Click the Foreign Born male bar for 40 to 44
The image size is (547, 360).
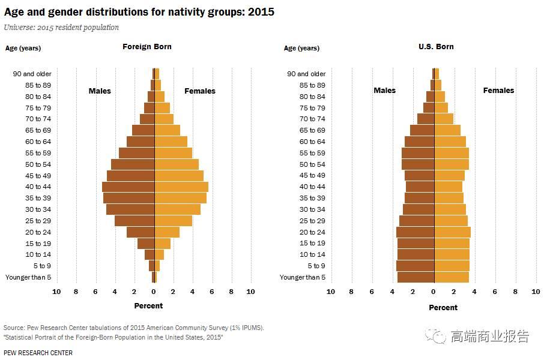(x=128, y=187)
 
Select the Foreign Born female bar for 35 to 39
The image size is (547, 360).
(x=181, y=198)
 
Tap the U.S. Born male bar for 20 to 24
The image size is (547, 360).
(x=415, y=232)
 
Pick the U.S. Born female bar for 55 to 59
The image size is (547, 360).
(x=452, y=153)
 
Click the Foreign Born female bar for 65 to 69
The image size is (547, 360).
(x=168, y=130)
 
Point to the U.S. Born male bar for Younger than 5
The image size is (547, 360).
(x=416, y=277)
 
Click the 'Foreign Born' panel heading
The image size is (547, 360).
(x=147, y=47)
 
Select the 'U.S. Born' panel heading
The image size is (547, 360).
(x=436, y=47)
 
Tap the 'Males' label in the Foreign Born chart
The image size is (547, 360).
(x=100, y=91)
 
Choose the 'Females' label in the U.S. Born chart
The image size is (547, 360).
(x=498, y=91)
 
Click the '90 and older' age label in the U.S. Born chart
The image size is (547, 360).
(x=306, y=74)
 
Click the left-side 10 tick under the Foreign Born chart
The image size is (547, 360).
(x=56, y=292)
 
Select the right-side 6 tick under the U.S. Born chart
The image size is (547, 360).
(x=495, y=292)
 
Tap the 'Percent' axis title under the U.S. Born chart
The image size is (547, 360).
(x=443, y=308)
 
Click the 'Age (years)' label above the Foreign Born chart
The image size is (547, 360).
(x=23, y=48)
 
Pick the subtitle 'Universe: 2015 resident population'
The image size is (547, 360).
(x=61, y=28)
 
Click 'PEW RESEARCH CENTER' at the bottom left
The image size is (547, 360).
(x=38, y=353)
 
